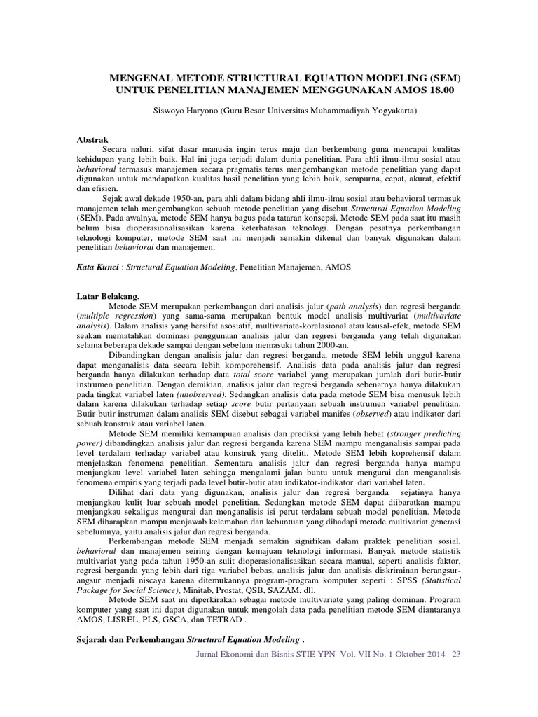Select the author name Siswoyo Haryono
184,111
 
